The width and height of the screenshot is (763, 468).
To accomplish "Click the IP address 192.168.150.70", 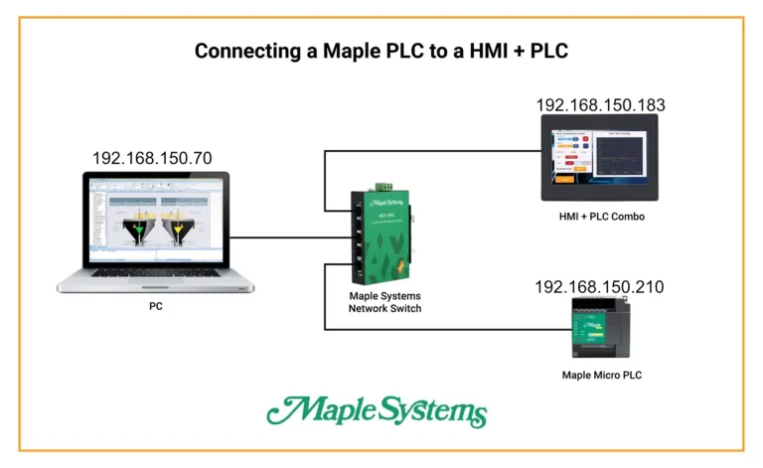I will [x=152, y=158].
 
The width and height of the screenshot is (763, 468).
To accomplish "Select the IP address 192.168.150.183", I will [x=600, y=104].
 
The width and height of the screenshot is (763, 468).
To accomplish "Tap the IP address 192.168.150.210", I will [x=599, y=287].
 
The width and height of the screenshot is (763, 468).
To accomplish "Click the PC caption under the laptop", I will [x=155, y=307].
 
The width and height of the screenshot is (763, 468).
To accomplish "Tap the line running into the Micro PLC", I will [x=447, y=330].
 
